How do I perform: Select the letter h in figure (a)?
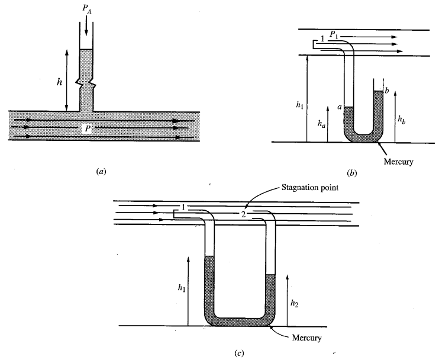[x=59, y=83]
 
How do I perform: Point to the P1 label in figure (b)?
[x=334, y=34]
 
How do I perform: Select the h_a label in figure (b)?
[x=321, y=124]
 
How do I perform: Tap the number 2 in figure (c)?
[x=243, y=213]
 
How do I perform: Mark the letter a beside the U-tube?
[x=339, y=107]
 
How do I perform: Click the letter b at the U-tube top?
[x=386, y=90]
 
